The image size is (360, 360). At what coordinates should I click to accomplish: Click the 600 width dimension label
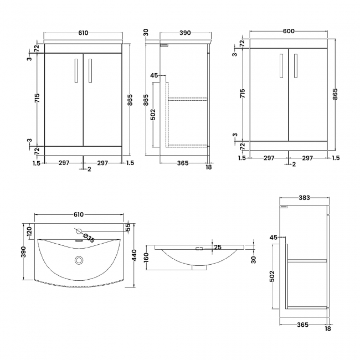[288, 32]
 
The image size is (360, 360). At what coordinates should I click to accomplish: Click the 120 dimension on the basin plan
[29, 230]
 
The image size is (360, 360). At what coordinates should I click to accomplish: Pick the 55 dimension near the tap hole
[127, 227]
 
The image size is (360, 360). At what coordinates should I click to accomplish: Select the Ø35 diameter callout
[89, 239]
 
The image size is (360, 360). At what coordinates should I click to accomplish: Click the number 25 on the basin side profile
[218, 248]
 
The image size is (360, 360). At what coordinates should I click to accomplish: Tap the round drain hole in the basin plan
[79, 260]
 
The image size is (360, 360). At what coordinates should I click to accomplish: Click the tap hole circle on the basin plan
[78, 232]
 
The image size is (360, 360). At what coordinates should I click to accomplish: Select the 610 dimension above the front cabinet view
[83, 33]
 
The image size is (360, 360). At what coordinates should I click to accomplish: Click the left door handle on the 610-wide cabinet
[76, 71]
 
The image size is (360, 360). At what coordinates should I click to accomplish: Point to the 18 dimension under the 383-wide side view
[327, 328]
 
